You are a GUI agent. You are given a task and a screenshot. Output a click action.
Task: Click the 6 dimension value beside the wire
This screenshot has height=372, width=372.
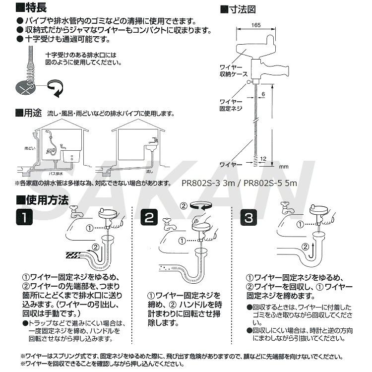(263, 94)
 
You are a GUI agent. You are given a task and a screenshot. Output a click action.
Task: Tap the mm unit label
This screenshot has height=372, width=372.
(284, 166)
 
